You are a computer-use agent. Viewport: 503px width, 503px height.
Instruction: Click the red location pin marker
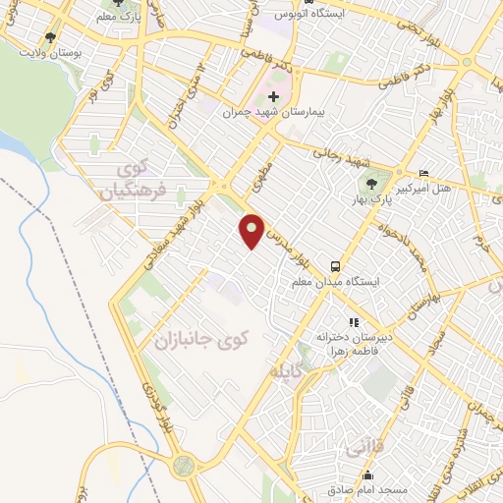point(252,230)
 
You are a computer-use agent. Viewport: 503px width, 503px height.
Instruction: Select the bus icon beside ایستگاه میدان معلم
point(336,265)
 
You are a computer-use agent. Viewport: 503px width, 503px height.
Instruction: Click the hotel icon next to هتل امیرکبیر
point(423,173)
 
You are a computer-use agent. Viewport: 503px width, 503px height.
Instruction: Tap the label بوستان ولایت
point(61,49)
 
